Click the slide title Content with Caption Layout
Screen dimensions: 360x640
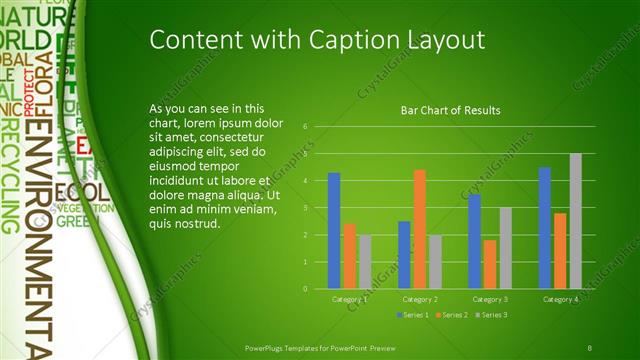pos(317,39)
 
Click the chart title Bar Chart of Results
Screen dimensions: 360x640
pos(450,110)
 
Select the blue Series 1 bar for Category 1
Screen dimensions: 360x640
pos(334,230)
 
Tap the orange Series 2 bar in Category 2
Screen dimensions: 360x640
pos(419,229)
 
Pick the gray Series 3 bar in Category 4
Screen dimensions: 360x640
pos(575,221)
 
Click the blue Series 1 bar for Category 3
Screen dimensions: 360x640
pos(475,241)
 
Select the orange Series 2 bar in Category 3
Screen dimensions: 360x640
pos(489,264)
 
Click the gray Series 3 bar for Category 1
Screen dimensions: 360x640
pos(364,261)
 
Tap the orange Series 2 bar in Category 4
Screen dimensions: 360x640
pos(560,250)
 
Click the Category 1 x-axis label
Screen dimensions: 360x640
pos(349,299)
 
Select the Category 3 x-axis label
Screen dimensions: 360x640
pos(490,299)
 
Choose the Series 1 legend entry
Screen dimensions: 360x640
pos(414,315)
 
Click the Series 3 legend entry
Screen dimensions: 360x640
pos(491,315)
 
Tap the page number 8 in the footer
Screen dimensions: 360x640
pos(589,345)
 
